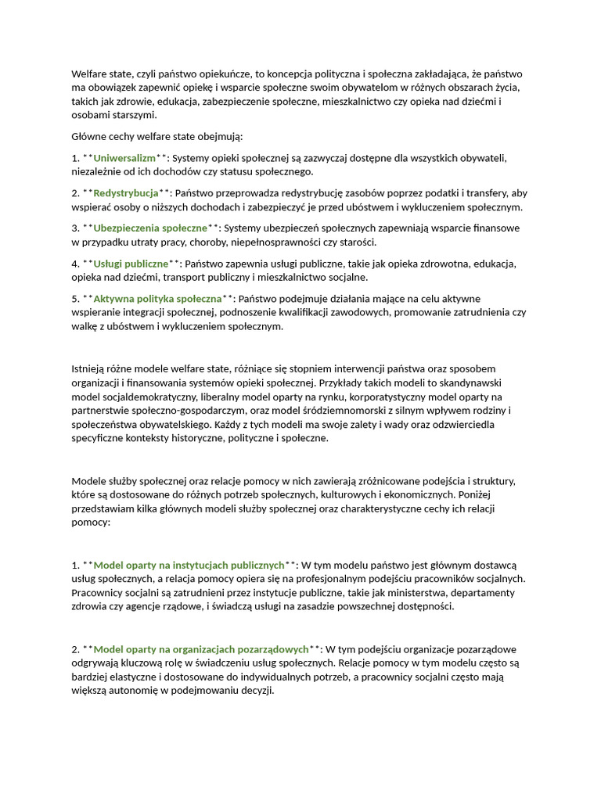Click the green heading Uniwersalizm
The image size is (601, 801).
coord(124,157)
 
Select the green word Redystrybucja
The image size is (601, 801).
coord(125,192)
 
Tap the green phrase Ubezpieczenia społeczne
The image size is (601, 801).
coord(150,228)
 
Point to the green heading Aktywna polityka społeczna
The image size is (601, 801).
coord(157,298)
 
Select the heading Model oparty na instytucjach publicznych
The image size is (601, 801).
coord(189,564)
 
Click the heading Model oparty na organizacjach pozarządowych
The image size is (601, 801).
coord(201,648)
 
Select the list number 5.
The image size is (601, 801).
coord(75,298)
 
